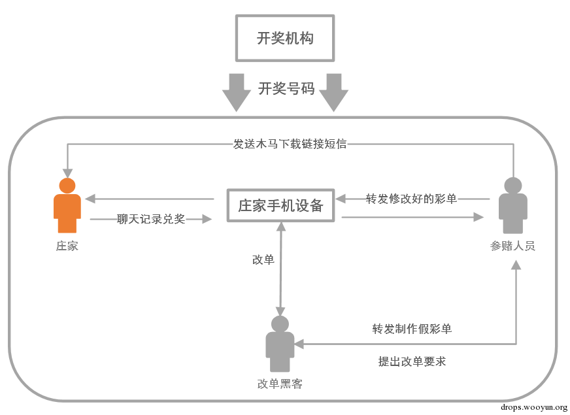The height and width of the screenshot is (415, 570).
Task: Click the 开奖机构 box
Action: (x=285, y=38)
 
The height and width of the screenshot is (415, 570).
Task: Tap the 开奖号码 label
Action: (x=286, y=89)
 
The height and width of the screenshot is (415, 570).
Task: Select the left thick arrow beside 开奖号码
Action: (x=237, y=93)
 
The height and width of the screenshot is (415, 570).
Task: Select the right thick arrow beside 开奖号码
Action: (x=334, y=93)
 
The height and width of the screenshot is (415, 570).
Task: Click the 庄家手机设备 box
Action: (x=280, y=205)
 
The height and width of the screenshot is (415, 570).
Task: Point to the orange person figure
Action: (x=67, y=205)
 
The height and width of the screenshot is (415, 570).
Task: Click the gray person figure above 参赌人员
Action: (x=513, y=205)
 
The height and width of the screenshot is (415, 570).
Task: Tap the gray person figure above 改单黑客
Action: (x=280, y=344)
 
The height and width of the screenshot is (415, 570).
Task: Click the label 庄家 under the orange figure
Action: (x=67, y=246)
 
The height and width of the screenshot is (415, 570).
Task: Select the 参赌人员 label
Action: (x=513, y=246)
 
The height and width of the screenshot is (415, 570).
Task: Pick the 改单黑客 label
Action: (x=280, y=384)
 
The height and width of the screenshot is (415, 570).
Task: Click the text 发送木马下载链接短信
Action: (x=290, y=144)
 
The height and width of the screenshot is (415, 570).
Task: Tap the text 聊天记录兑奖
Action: (x=151, y=219)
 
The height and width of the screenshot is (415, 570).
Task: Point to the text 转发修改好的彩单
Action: (x=411, y=199)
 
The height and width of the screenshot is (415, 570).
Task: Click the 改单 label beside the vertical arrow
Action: (x=263, y=259)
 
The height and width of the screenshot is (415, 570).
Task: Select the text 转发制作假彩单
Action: (x=412, y=329)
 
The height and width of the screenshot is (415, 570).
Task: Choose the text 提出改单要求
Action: (x=412, y=361)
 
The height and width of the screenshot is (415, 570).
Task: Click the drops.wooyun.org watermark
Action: (x=534, y=407)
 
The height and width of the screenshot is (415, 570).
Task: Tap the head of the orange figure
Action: (x=67, y=186)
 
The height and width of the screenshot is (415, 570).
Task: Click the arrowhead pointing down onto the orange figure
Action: (x=67, y=173)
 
